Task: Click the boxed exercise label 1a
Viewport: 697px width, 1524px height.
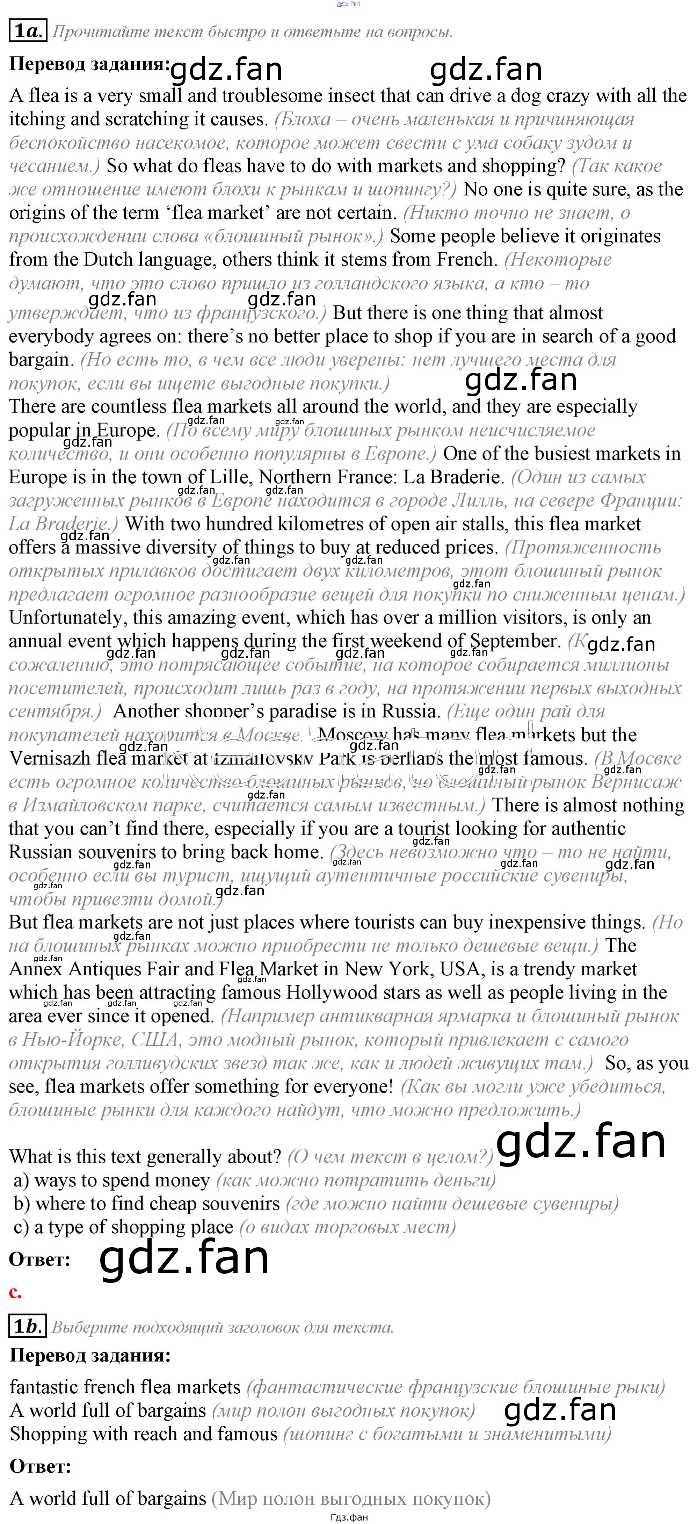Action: pyautogui.click(x=27, y=31)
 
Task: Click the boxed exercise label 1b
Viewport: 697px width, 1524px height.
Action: pyautogui.click(x=27, y=1327)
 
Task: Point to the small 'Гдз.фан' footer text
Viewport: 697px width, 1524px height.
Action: pyautogui.click(x=349, y=1517)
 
